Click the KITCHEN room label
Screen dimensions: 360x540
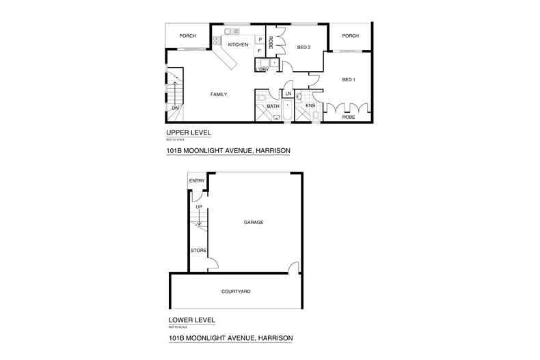(238, 45)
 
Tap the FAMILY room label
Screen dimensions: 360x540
(219, 94)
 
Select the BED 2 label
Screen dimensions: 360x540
(305, 47)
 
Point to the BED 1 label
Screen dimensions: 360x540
(349, 80)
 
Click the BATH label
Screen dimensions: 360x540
(273, 106)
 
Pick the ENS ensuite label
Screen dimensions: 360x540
(310, 106)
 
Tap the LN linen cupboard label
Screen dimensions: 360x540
(288, 93)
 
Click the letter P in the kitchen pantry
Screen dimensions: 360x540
(260, 40)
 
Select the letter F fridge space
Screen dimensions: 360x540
(260, 51)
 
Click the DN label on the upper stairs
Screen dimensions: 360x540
(175, 108)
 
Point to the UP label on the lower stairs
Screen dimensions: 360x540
(199, 206)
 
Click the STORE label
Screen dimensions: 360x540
(198, 251)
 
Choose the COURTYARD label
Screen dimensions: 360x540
(236, 292)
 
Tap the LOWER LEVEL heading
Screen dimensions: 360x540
(192, 320)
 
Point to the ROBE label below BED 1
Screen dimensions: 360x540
(349, 117)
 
